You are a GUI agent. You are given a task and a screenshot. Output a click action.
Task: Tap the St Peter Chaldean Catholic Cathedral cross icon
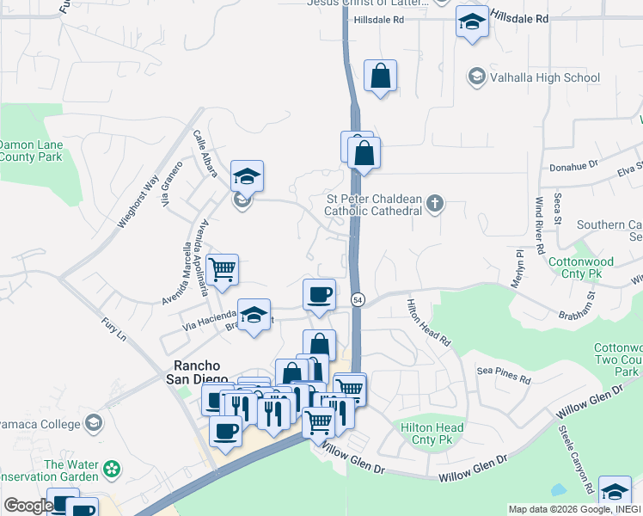(435, 204)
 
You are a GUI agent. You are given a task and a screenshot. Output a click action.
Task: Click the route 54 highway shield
(357, 298)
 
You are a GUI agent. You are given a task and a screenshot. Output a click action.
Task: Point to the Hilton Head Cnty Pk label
(432, 433)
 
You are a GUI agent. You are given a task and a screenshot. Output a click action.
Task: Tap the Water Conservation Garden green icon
(110, 470)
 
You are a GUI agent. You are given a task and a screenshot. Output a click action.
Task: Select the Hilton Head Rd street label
(429, 322)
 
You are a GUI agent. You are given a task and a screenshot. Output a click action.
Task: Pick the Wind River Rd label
(540, 224)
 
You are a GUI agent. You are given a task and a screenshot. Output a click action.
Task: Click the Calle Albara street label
(205, 154)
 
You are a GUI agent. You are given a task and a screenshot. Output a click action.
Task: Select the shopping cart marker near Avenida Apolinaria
(223, 269)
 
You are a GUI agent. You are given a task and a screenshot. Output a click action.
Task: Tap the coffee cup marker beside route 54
(319, 295)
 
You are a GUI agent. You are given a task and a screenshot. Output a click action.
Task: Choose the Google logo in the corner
(28, 506)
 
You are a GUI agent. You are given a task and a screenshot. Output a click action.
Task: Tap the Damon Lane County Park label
(31, 151)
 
